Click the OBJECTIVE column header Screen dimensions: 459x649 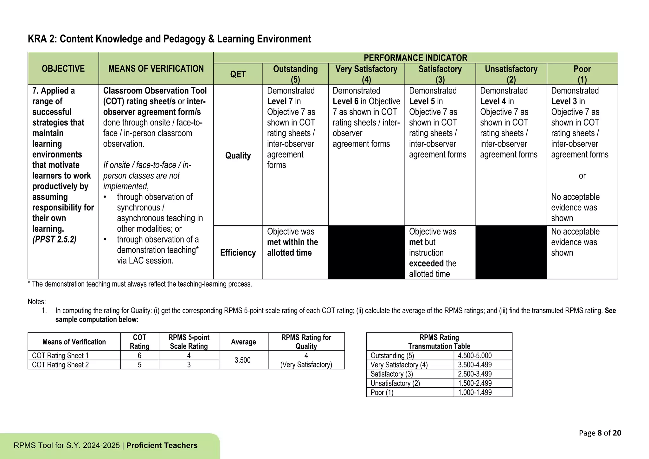tap(63, 68)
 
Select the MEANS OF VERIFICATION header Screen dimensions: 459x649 tap(156, 68)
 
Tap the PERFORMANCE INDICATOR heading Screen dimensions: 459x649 tap(415, 58)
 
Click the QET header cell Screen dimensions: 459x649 tap(238, 74)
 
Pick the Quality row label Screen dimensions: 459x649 tap(238, 155)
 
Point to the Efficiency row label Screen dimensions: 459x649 tap(238, 253)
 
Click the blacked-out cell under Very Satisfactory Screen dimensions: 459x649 tap(366, 252)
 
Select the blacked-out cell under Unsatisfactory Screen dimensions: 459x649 tap(511, 252)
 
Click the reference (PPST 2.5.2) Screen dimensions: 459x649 tap(54, 239)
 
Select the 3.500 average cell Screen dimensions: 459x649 tap(242, 360)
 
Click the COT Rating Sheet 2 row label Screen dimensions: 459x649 tap(60, 365)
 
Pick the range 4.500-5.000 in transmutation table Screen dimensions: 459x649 tap(475, 356)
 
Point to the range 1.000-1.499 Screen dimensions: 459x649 tap(475, 392)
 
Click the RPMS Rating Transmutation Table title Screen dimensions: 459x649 tap(439, 342)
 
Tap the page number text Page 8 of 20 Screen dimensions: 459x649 tap(600, 433)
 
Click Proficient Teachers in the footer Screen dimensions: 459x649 tap(162, 445)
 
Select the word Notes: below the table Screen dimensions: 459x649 tap(37, 301)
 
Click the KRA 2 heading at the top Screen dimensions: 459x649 tap(169, 39)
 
